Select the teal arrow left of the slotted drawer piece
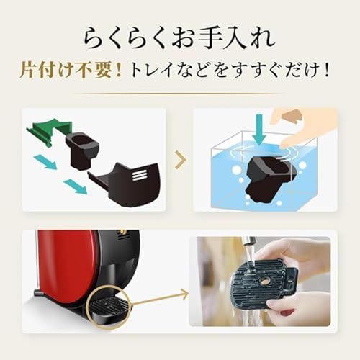[75, 186]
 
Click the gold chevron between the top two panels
[179, 160]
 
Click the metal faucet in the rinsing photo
[248, 248]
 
